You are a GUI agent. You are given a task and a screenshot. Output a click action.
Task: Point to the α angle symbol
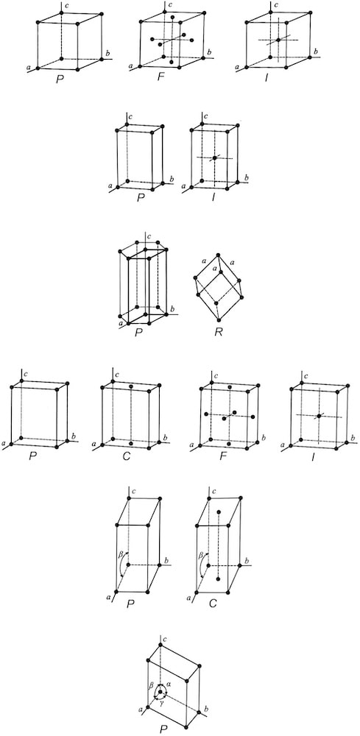pyautogui.click(x=170, y=684)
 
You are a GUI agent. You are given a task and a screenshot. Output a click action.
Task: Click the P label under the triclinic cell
pyautogui.click(x=163, y=729)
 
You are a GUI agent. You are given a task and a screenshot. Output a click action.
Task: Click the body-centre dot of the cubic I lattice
pyautogui.click(x=278, y=40)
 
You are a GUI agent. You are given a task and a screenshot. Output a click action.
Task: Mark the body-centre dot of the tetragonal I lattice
pyautogui.click(x=214, y=158)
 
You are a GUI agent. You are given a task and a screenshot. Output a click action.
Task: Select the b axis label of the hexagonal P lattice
pyautogui.click(x=172, y=308)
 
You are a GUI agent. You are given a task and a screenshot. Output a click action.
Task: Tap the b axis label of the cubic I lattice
pyautogui.click(x=317, y=52)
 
